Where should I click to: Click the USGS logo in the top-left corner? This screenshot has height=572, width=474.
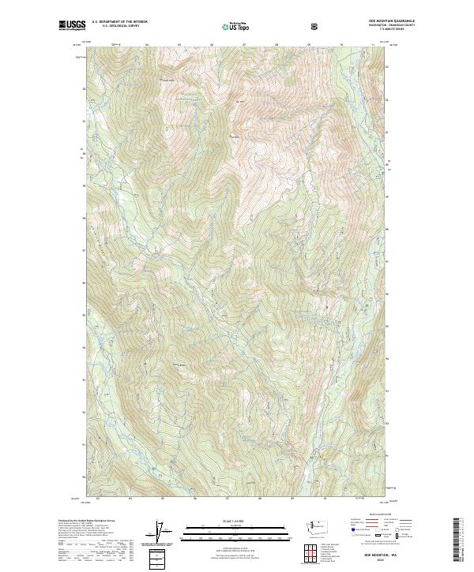(72, 26)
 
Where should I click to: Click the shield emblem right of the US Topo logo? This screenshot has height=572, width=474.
(316, 27)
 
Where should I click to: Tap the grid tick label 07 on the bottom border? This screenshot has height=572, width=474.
(227, 498)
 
